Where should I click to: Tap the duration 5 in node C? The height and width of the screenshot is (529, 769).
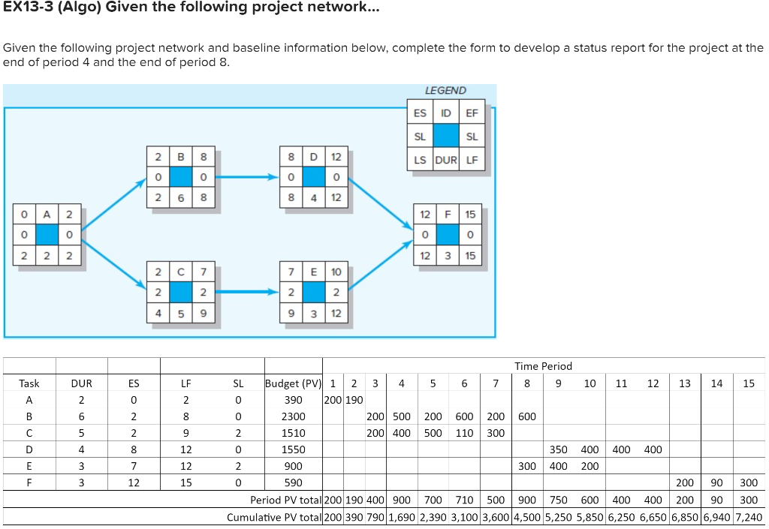click(180, 311)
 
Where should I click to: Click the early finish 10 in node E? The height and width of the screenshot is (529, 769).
click(336, 271)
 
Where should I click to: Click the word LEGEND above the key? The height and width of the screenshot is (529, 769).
click(445, 90)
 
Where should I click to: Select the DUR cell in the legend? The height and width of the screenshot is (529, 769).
click(445, 160)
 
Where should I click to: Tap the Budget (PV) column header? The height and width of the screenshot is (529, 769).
click(293, 383)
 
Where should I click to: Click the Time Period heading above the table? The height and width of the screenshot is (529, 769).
click(543, 366)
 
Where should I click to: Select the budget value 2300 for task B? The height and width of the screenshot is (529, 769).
click(293, 416)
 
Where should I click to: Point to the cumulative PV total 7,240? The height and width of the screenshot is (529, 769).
click(748, 517)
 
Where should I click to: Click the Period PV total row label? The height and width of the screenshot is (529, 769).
click(285, 500)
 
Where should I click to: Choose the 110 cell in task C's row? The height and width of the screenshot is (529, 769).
click(464, 433)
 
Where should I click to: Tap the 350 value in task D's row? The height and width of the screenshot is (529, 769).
click(558, 449)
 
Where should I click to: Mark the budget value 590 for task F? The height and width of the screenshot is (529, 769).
click(293, 482)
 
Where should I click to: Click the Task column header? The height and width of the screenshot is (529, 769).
click(29, 383)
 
